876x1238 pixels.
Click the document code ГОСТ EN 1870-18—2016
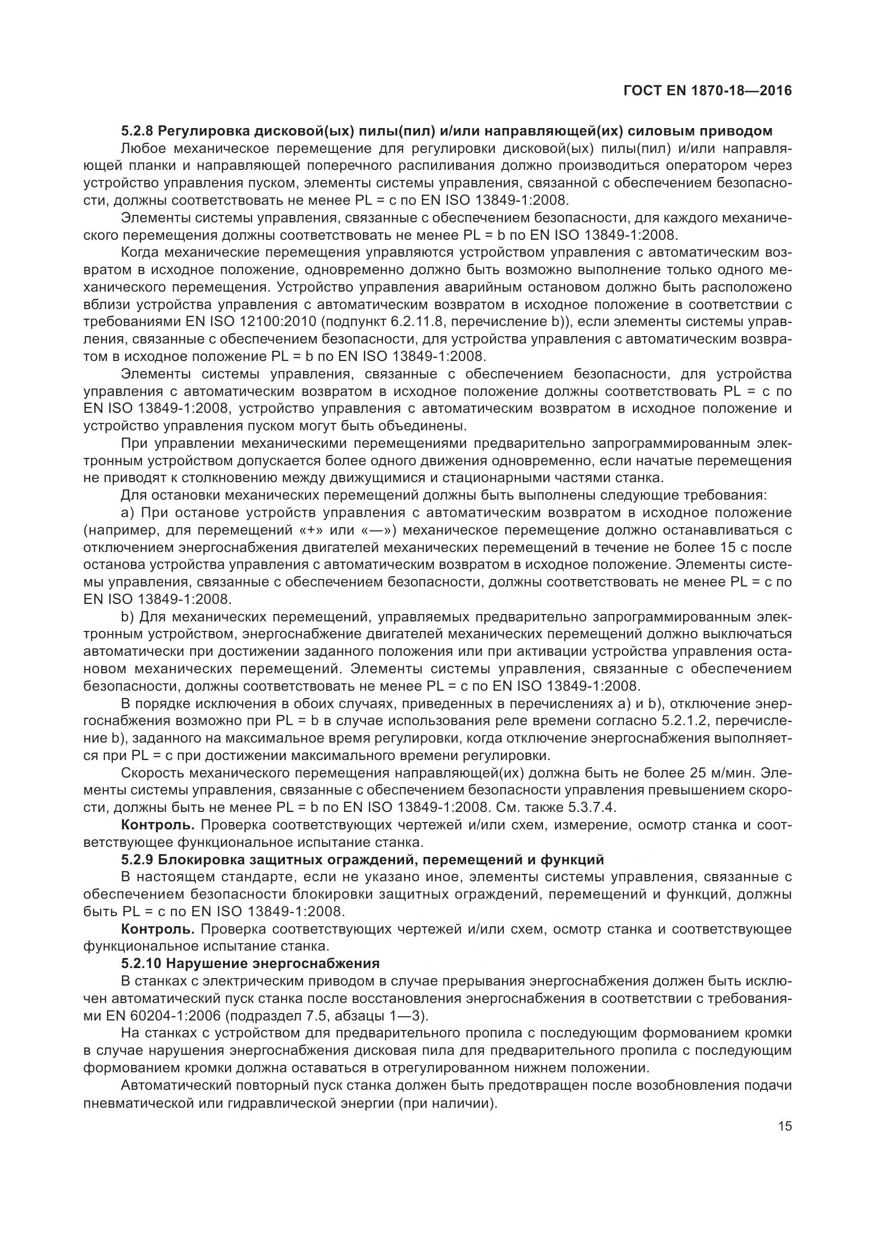(707, 91)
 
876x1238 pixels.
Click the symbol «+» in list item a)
(311, 530)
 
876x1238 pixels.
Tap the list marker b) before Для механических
(127, 616)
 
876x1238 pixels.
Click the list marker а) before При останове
(127, 512)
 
